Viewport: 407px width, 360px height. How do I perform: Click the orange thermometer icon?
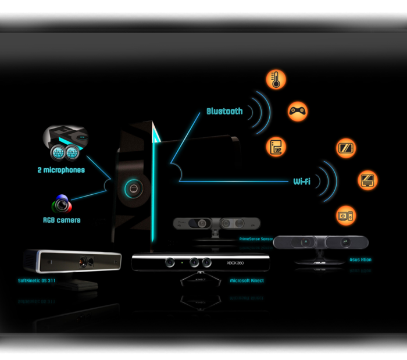tap(276, 80)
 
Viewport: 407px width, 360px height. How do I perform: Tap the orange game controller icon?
tap(298, 111)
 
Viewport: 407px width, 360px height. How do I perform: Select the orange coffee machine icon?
tap(276, 147)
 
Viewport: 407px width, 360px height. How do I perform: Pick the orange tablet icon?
tap(346, 148)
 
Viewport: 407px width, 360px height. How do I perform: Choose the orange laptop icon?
tap(367, 180)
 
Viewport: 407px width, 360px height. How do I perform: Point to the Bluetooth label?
tap(224, 111)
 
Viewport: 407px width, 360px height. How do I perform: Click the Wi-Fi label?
tap(302, 181)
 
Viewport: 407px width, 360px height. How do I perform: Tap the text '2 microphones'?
tap(62, 170)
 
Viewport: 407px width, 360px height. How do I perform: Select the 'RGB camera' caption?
tap(62, 220)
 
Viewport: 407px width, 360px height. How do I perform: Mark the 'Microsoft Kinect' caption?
tap(247, 281)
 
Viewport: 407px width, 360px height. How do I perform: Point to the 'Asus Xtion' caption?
tap(360, 260)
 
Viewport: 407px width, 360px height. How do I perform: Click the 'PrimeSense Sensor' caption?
tap(256, 238)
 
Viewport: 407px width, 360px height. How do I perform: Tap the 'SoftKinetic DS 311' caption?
tap(37, 280)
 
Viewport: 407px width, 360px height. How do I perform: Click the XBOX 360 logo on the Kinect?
tap(235, 263)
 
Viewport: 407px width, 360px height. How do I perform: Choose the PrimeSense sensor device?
tap(216, 223)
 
